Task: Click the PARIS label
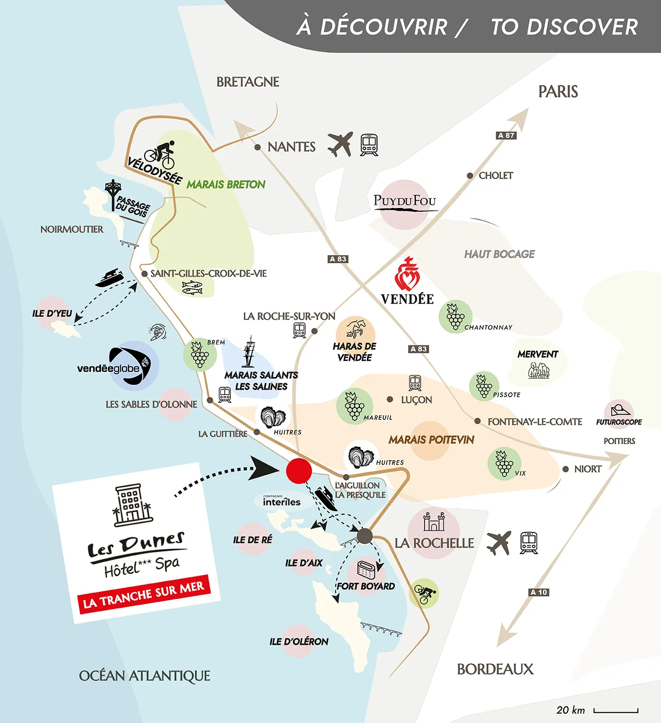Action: (x=558, y=91)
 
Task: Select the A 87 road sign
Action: (x=506, y=135)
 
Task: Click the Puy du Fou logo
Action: (x=405, y=201)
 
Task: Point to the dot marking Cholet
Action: (x=470, y=176)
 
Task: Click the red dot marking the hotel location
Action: (x=298, y=471)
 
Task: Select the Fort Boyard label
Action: (x=366, y=586)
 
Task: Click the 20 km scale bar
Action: (x=616, y=711)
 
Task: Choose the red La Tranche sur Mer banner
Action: (x=144, y=594)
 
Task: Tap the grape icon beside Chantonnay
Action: (x=455, y=316)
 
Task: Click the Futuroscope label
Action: (x=619, y=422)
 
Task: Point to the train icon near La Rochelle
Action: (x=528, y=543)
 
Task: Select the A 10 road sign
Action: (x=539, y=592)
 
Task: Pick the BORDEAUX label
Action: (x=495, y=669)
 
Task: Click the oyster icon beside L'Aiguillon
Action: (x=360, y=457)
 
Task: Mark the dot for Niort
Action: (x=565, y=469)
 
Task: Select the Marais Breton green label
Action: (x=226, y=184)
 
